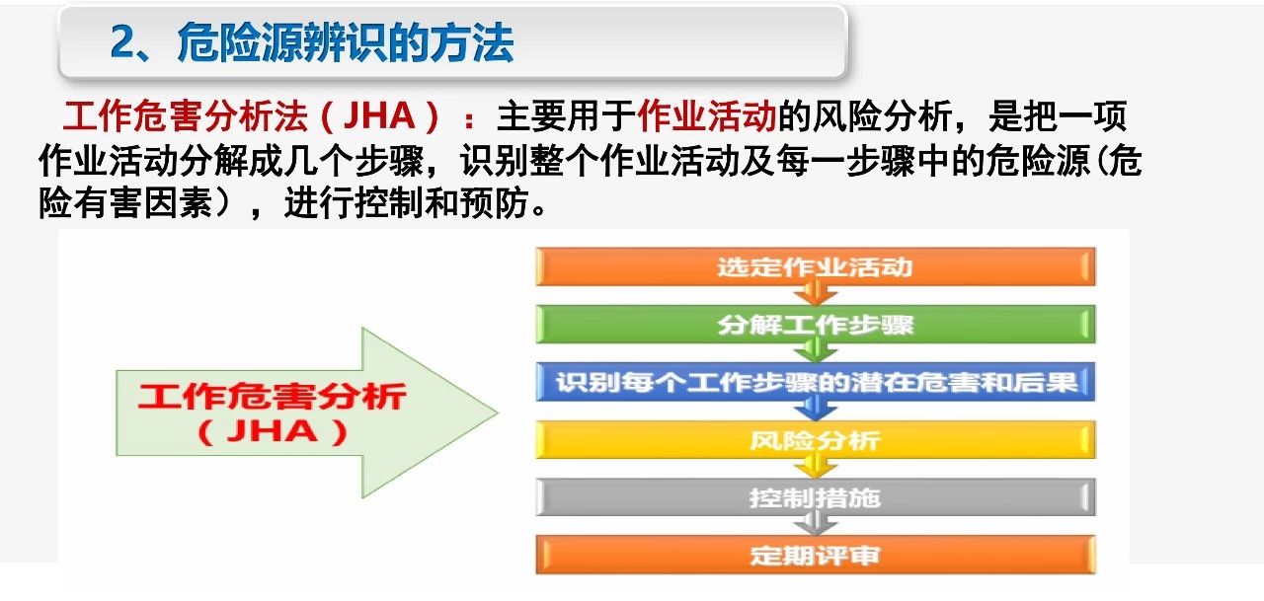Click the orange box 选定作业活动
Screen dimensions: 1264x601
click(x=816, y=266)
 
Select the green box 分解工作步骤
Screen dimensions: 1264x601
click(x=816, y=324)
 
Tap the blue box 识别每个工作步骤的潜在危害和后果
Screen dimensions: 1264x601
click(x=816, y=382)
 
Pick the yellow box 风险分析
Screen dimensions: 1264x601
click(x=816, y=440)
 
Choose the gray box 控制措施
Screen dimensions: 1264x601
click(x=816, y=497)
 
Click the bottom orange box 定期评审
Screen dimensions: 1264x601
click(x=816, y=555)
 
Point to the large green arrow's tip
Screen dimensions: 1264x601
click(x=499, y=413)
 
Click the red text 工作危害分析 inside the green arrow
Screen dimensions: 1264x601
click(x=272, y=396)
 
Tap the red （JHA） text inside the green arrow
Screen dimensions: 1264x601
click(x=272, y=432)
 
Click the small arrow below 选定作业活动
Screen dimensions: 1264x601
click(x=816, y=293)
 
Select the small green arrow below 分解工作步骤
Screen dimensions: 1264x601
click(x=816, y=350)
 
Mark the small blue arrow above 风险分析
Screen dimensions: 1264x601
click(x=816, y=409)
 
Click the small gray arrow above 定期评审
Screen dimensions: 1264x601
click(x=816, y=524)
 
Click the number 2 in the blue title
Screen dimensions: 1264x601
click(x=123, y=42)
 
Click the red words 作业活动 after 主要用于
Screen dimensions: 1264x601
click(x=707, y=116)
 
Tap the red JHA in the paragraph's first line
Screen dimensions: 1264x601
click(x=379, y=116)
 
